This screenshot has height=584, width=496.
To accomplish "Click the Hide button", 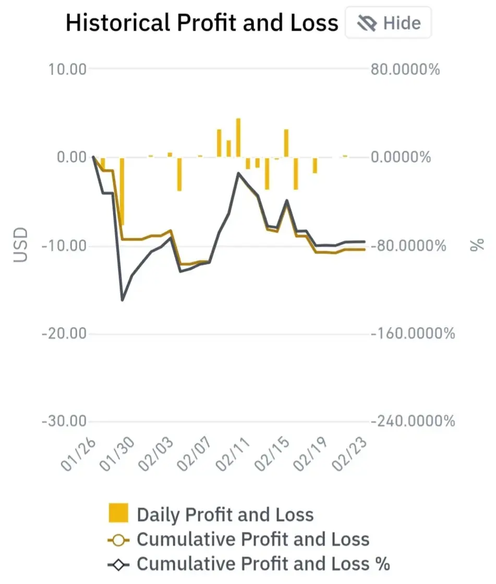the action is pyautogui.click(x=389, y=23).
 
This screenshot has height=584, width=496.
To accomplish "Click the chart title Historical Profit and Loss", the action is pyautogui.click(x=202, y=23).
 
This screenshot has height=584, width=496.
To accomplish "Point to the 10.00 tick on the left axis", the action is pyautogui.click(x=67, y=69).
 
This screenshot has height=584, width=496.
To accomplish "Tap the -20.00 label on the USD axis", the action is pyautogui.click(x=64, y=333).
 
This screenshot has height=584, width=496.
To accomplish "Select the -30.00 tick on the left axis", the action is pyautogui.click(x=64, y=421).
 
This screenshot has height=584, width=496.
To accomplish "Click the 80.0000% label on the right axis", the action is pyautogui.click(x=405, y=69).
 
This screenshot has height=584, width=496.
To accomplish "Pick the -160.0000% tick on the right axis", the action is pyautogui.click(x=413, y=333).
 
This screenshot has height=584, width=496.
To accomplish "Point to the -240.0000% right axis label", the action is pyautogui.click(x=413, y=421).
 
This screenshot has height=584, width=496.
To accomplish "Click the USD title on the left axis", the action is pyautogui.click(x=20, y=245).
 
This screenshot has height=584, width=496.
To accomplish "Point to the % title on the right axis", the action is pyautogui.click(x=477, y=245).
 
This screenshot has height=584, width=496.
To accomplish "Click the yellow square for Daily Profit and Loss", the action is pyautogui.click(x=118, y=513).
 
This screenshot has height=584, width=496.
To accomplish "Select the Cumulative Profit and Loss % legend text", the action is pyautogui.click(x=263, y=564).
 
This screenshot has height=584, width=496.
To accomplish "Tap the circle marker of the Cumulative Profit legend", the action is pyautogui.click(x=118, y=540).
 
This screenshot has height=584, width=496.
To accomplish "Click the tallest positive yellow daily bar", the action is pyautogui.click(x=238, y=138).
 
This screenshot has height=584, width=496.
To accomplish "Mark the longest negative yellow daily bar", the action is pyautogui.click(x=122, y=191).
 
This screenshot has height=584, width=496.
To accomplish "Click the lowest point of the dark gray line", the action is pyautogui.click(x=122, y=300).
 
